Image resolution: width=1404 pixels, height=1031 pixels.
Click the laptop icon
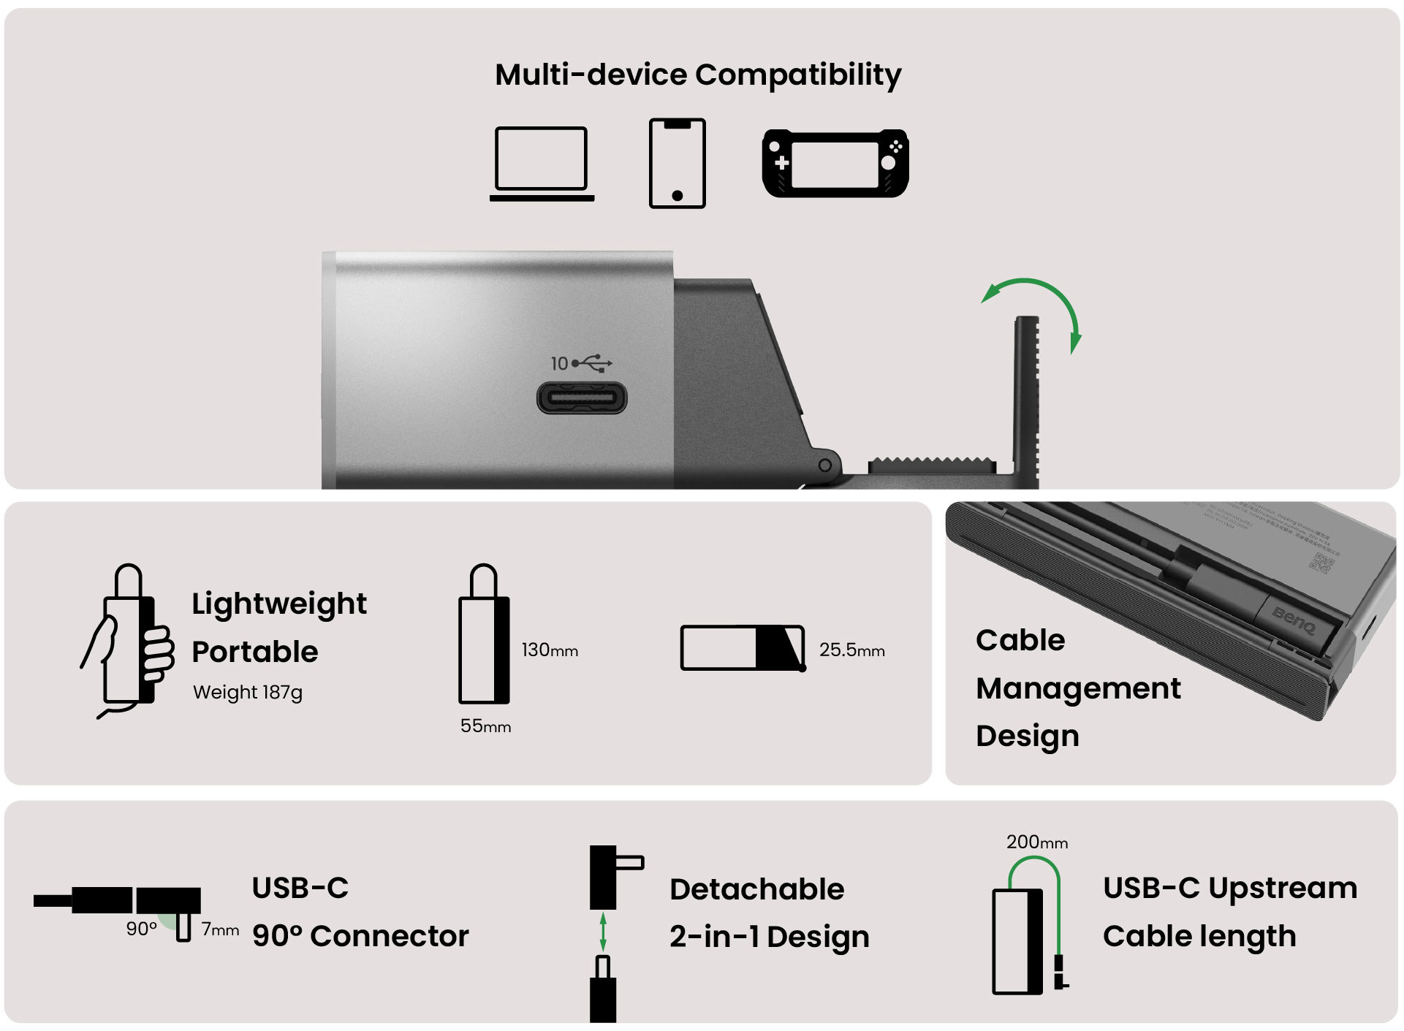click(x=542, y=163)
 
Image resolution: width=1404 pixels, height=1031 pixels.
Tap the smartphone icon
click(x=677, y=163)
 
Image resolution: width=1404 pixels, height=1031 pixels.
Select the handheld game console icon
click(x=835, y=164)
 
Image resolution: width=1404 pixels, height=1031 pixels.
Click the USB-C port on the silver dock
click(x=582, y=399)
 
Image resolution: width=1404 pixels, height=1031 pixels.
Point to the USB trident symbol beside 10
click(x=592, y=362)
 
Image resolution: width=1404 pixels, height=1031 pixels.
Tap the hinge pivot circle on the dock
click(x=824, y=465)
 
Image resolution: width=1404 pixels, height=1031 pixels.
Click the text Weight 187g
click(x=247, y=692)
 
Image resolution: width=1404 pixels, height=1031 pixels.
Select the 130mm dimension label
click(x=549, y=650)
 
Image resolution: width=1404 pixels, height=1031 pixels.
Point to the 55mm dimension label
click(x=485, y=726)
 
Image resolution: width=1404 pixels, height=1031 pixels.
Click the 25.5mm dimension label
click(x=851, y=650)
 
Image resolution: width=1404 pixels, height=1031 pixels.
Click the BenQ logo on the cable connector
click(x=1293, y=620)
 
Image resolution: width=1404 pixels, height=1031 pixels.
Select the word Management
click(x=1077, y=688)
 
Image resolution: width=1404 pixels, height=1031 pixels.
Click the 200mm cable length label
click(x=1036, y=842)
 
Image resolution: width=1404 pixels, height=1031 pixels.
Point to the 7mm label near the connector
click(x=220, y=929)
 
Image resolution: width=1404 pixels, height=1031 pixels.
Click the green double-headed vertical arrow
click(x=603, y=932)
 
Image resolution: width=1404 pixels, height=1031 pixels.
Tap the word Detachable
click(x=756, y=889)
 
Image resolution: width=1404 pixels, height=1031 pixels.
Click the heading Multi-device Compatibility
click(x=697, y=75)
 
